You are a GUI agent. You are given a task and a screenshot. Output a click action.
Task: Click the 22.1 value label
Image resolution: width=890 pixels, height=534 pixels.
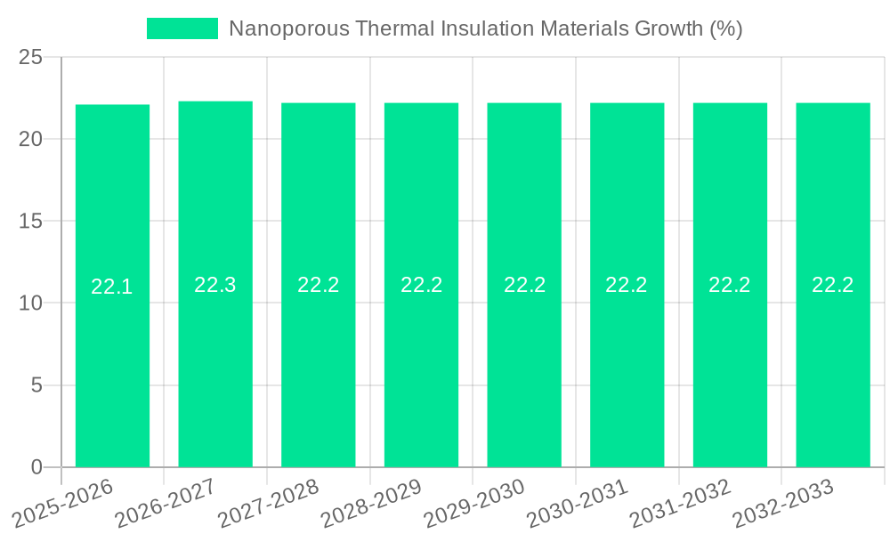click(112, 287)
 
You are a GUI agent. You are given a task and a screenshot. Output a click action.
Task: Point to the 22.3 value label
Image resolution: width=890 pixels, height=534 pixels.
click(215, 285)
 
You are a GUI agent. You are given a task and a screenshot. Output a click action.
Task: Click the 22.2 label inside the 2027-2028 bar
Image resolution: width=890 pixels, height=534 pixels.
click(319, 285)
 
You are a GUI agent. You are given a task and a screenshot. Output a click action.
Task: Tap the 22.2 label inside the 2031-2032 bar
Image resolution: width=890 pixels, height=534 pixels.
click(730, 285)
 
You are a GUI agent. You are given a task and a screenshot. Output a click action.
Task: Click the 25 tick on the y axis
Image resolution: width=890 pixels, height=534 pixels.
click(31, 57)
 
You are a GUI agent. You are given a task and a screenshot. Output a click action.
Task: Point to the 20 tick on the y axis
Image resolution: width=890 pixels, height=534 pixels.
click(31, 139)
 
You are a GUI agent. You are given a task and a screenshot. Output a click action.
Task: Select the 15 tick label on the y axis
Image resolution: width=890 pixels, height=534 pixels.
click(31, 221)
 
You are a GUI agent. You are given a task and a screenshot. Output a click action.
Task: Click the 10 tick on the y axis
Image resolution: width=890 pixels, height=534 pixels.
click(31, 303)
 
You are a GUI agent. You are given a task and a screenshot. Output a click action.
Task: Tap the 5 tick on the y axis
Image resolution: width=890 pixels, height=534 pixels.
click(36, 385)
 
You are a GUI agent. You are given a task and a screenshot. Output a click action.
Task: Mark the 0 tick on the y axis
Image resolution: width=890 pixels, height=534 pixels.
click(36, 467)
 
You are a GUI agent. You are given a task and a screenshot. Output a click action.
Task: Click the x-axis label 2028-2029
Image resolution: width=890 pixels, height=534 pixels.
click(371, 503)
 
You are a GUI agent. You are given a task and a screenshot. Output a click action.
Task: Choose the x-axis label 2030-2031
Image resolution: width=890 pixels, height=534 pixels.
click(578, 503)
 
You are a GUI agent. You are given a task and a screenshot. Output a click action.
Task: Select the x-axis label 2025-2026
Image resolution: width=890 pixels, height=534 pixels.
click(63, 503)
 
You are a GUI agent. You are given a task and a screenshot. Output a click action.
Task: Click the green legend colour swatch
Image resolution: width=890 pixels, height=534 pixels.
click(182, 28)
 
